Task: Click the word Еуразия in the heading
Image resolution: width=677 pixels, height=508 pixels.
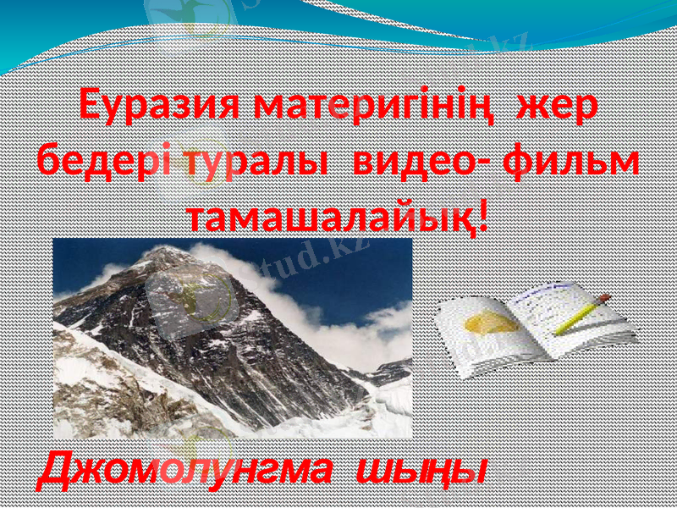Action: [x=162, y=108]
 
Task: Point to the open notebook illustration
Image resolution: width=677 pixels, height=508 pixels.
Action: [x=533, y=326]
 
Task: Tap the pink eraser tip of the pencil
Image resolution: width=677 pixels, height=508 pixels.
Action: [x=604, y=298]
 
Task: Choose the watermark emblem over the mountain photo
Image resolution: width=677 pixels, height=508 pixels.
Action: [x=190, y=296]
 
